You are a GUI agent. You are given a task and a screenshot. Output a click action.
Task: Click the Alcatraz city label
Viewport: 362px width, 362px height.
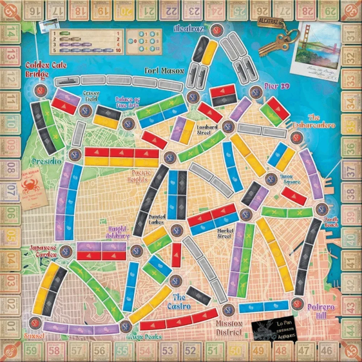(188, 28)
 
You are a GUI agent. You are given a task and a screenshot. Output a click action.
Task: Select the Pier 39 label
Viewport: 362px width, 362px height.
(277, 86)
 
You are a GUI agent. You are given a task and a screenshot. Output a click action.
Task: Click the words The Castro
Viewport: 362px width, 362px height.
(179, 302)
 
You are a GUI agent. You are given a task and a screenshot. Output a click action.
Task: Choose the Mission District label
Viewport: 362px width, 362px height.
(228, 328)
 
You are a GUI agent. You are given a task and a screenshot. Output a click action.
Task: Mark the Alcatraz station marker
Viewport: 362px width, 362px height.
(217, 29)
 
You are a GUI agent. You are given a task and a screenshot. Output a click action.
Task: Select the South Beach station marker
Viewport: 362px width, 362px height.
(321, 209)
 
